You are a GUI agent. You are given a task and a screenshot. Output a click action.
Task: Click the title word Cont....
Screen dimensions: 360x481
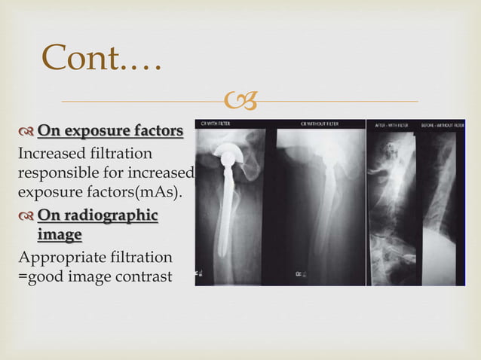point(81,58)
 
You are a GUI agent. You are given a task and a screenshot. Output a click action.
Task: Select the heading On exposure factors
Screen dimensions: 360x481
point(110,132)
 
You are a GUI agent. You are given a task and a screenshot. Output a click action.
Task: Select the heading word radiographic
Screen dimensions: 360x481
point(110,216)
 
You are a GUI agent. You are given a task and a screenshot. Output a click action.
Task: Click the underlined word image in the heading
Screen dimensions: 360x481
point(60,235)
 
